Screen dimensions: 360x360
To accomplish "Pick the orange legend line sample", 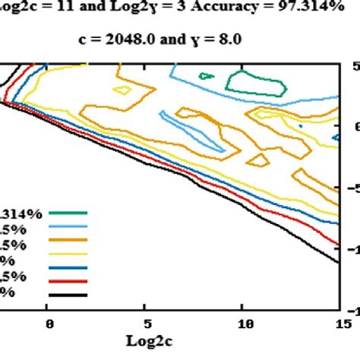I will [68, 242].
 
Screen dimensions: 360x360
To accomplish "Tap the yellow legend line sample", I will [68, 255].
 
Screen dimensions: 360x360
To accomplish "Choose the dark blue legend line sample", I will [68, 268].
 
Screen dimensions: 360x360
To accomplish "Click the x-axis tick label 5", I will [147, 324].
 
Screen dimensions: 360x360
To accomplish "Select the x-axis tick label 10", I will [242, 324].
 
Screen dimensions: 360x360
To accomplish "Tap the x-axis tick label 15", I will [339, 324].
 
